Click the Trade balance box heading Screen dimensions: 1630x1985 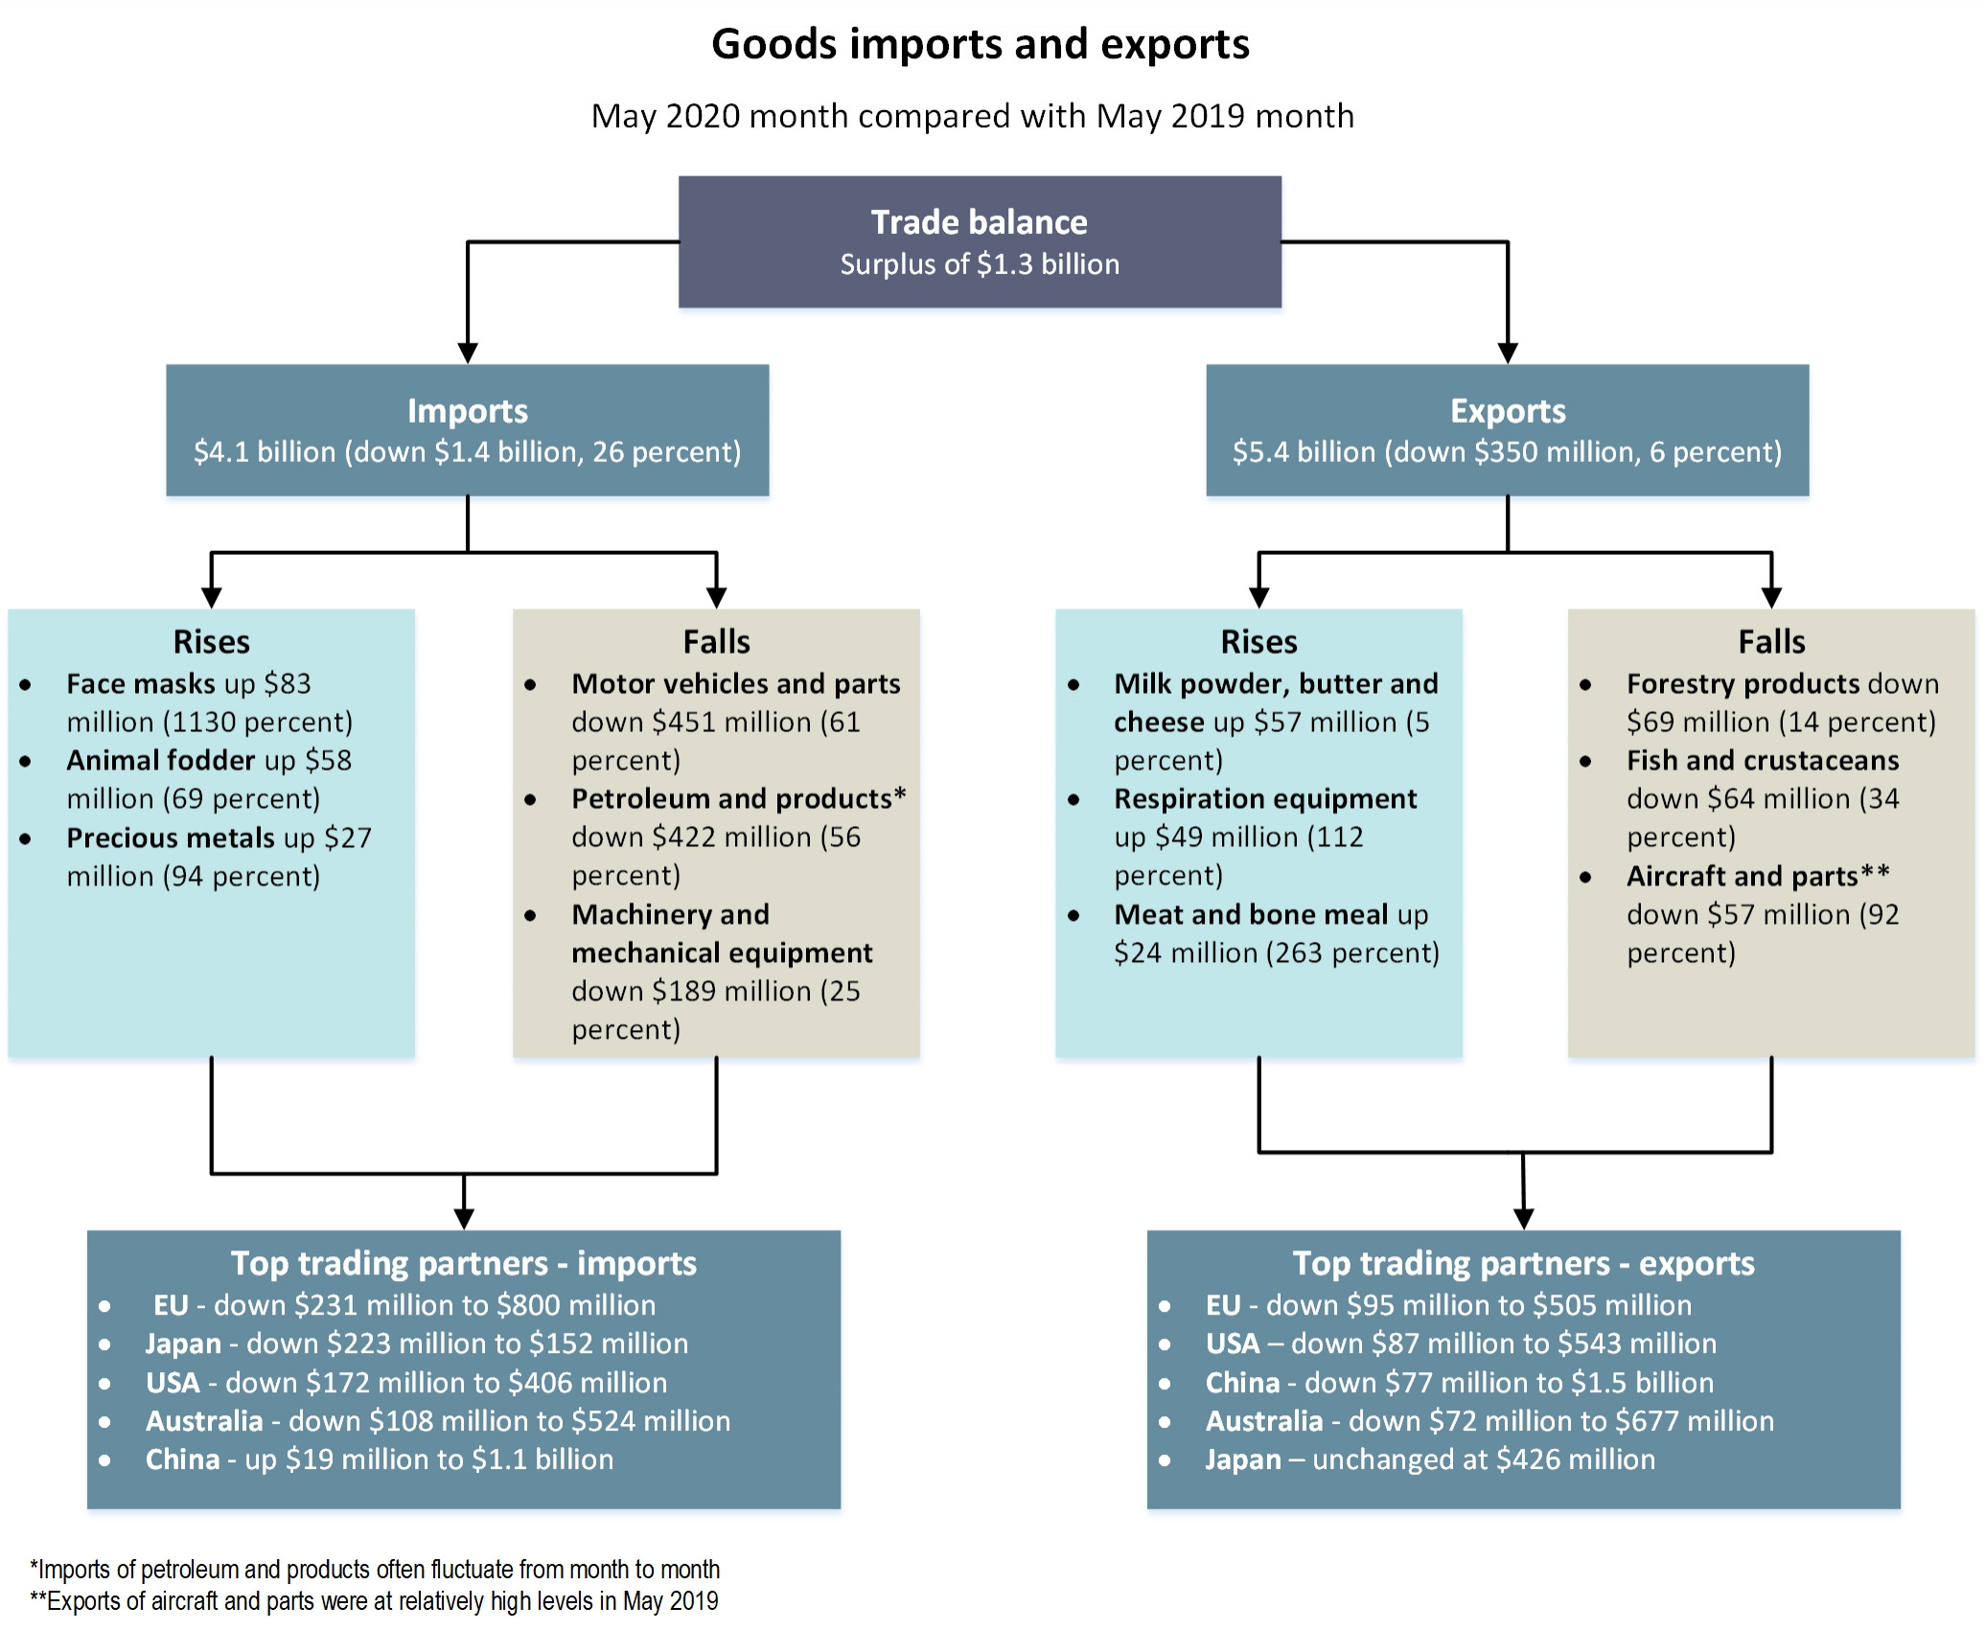979,222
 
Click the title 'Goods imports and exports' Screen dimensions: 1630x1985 980,45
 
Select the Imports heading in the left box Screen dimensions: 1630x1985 467,411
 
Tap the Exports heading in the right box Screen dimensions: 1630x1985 1507,411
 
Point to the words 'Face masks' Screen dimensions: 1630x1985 141,684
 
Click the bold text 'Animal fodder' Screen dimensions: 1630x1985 160,761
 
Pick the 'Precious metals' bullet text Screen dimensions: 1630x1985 170,838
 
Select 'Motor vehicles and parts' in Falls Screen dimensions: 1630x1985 735,684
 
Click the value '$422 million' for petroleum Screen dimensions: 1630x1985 730,838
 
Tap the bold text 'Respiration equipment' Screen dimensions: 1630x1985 1264,799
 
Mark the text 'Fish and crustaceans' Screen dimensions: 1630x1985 1762,761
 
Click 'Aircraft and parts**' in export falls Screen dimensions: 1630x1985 1757,876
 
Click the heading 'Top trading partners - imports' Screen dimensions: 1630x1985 463,1264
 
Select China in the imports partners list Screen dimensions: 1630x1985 182,1459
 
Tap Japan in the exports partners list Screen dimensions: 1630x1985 1242,1459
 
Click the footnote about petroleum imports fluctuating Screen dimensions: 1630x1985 374,1570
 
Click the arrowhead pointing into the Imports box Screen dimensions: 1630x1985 468,353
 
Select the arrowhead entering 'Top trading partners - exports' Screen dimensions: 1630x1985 1523,1219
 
